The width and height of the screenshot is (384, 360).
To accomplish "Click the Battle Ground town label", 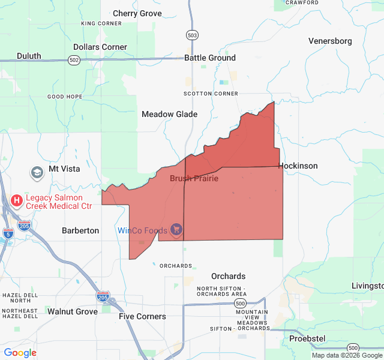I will (x=209, y=58).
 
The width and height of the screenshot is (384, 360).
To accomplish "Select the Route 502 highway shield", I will (x=74, y=60).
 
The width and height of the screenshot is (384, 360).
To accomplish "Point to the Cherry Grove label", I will (x=137, y=13).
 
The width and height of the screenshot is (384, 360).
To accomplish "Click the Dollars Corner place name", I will (x=100, y=47).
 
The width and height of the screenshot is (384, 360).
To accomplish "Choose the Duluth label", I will (x=29, y=56).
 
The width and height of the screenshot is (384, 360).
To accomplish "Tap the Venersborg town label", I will (x=330, y=41).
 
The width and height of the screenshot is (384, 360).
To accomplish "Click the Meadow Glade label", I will (x=169, y=114).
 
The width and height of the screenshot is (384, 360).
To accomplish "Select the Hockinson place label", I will (x=298, y=166).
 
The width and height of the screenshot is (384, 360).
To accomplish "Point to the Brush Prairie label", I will (x=194, y=178).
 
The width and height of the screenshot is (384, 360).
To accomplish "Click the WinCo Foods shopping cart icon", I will (x=176, y=229).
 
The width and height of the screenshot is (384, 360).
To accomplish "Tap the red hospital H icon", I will (x=17, y=200).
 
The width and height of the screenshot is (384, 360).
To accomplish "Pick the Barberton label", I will (x=80, y=230).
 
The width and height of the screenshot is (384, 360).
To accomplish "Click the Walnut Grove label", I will (x=73, y=311).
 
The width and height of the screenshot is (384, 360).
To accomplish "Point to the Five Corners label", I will (x=142, y=316).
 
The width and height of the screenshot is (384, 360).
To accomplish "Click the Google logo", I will (x=20, y=353).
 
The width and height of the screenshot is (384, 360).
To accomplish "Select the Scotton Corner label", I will (x=211, y=94).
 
